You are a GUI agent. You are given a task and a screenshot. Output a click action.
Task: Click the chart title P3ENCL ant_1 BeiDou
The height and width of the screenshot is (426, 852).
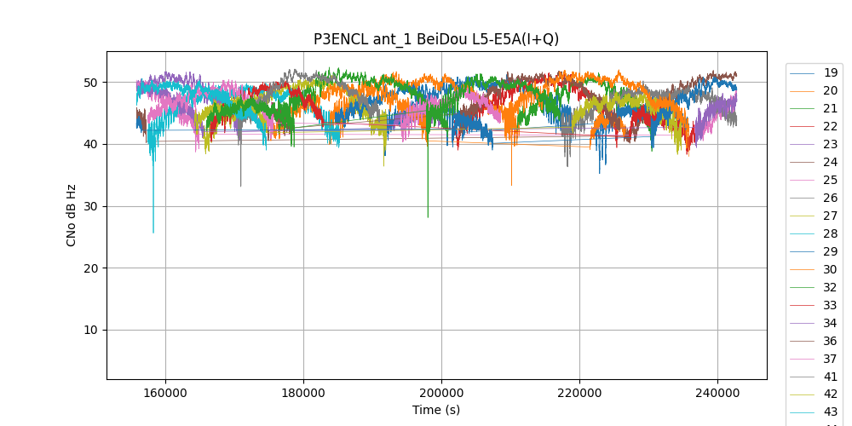click(435, 39)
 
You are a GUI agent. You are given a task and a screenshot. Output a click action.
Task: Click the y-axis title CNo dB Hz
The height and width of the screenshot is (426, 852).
click(72, 216)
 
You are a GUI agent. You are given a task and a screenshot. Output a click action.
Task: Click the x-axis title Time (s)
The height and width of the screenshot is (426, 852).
click(436, 410)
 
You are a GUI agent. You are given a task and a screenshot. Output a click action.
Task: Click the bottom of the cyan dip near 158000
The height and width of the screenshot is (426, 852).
click(153, 232)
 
